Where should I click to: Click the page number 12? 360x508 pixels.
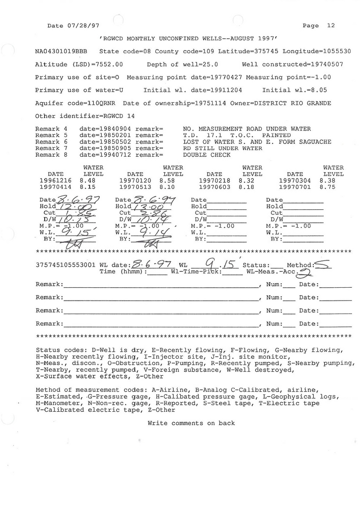pos(331,26)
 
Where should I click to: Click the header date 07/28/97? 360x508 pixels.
pos(78,26)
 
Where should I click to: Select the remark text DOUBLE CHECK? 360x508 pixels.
pos(207,155)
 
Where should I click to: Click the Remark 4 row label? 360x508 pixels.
pos(52,129)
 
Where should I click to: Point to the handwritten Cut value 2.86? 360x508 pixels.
pos(147,213)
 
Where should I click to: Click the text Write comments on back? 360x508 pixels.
pos(191,423)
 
